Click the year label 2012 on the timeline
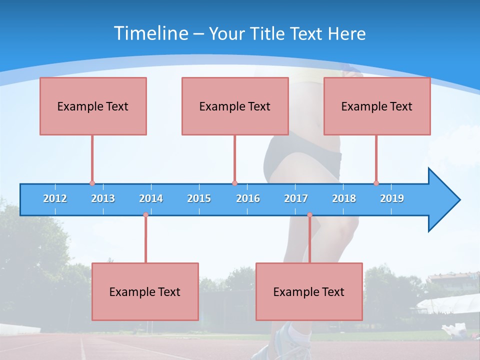click(x=55, y=198)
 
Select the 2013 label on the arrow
click(x=103, y=198)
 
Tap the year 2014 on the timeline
click(x=151, y=198)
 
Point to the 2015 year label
click(x=199, y=198)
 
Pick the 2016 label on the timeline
click(x=248, y=198)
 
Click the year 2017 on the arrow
click(x=296, y=198)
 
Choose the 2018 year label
click(x=344, y=198)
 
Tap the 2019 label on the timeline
click(x=392, y=198)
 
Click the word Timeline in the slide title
click(x=149, y=33)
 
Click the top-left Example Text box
click(x=93, y=106)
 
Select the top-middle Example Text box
click(x=235, y=106)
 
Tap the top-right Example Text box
click(x=377, y=106)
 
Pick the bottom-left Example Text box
click(x=145, y=291)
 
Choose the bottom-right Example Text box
click(x=309, y=291)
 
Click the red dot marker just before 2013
click(x=92, y=183)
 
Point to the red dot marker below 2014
click(x=145, y=215)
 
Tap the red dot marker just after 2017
click(x=309, y=215)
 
